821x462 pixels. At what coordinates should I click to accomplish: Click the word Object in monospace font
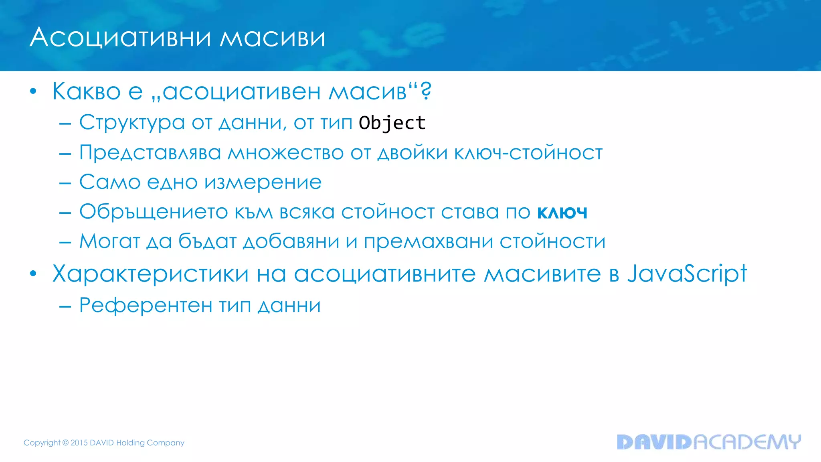tap(392, 123)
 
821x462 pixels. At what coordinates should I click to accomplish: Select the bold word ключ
tap(562, 212)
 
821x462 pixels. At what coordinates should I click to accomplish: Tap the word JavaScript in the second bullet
tap(687, 274)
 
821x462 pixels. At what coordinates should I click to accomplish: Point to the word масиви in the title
tap(273, 38)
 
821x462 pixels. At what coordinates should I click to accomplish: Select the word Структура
tap(132, 123)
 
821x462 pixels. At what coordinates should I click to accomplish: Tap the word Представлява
tap(150, 153)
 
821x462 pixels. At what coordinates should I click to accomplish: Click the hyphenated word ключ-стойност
tap(528, 153)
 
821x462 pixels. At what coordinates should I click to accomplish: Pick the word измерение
tap(263, 182)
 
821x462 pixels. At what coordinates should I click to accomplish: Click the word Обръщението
tap(154, 212)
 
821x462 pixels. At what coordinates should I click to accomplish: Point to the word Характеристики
tap(151, 274)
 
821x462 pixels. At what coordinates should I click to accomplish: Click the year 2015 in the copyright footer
tap(79, 443)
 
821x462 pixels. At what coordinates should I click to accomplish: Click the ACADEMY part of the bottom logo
tap(747, 442)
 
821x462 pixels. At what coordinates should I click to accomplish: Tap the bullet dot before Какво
tap(33, 91)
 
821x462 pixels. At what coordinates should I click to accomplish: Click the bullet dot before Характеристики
tap(33, 274)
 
